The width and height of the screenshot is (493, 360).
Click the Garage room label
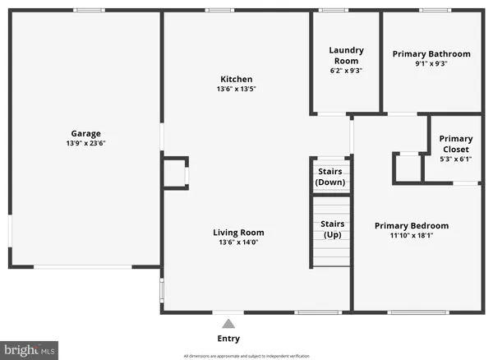[x=85, y=133]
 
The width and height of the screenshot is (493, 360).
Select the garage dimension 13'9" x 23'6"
[x=85, y=143]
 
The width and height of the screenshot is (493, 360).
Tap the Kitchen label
[x=236, y=79]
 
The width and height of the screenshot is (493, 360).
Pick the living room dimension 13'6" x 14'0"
[x=238, y=242]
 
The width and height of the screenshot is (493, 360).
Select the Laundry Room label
[x=346, y=55]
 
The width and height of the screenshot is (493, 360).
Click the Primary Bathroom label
[x=431, y=54]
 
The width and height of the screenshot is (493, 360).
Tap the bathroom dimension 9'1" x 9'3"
[x=431, y=65]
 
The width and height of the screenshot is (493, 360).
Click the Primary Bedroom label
[x=412, y=225]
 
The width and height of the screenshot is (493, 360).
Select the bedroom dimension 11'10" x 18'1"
[x=412, y=236]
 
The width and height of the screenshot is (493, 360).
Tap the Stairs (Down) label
[x=331, y=176]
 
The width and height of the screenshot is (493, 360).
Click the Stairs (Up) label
[x=331, y=228]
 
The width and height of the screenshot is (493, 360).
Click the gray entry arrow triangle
[x=228, y=323]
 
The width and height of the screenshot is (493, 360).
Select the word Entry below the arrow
[x=228, y=338]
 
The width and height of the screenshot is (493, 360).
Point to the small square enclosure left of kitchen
[x=174, y=174]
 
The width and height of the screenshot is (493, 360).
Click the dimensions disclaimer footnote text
[x=246, y=356]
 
